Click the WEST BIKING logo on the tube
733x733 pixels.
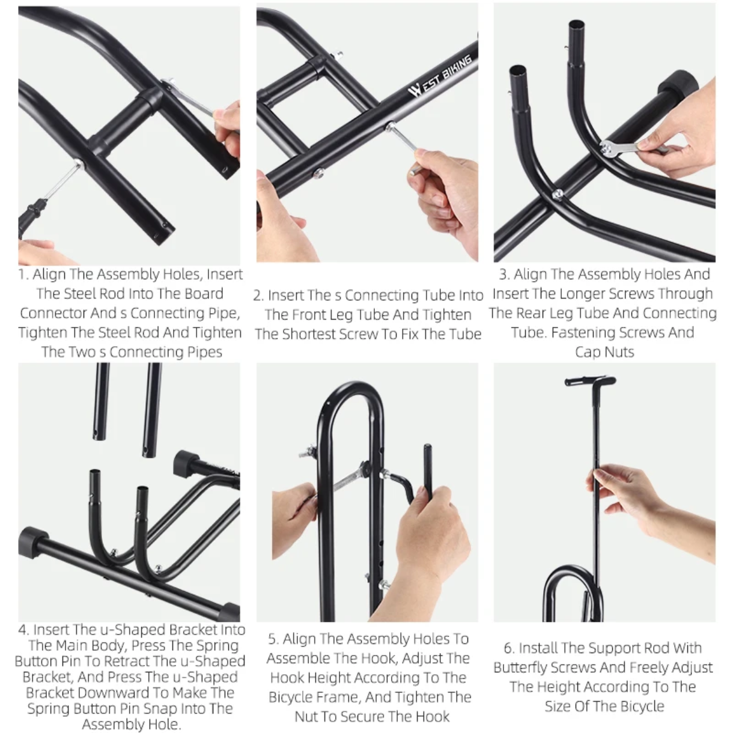tap(440, 76)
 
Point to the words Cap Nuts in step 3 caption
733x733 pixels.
tap(604, 352)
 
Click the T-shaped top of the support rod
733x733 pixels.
tap(590, 381)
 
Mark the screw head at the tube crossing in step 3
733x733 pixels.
tap(558, 195)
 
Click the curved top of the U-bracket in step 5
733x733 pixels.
tap(350, 390)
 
